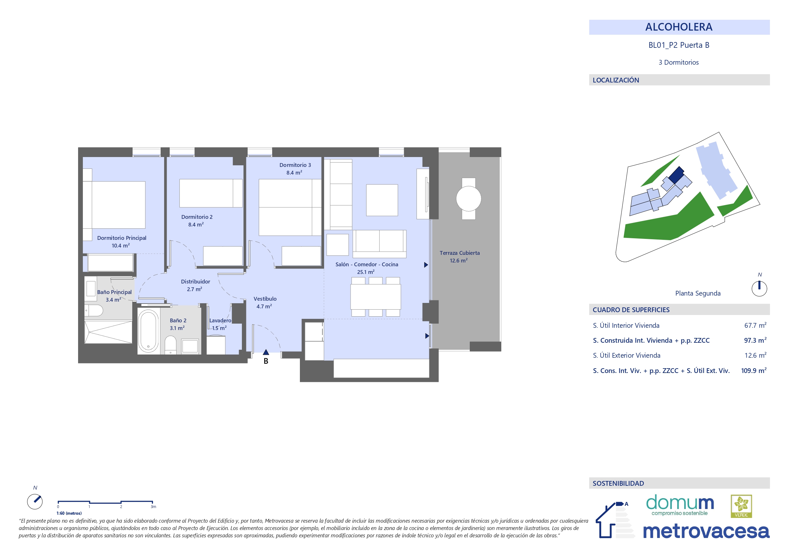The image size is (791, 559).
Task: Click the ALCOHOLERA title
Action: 679,27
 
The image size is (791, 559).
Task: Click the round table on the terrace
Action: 468,199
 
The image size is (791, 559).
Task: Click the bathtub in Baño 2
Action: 148,331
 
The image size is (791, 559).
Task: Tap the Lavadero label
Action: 220,321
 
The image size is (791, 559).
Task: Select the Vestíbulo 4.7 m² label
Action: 265,302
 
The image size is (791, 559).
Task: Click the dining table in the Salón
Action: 375,297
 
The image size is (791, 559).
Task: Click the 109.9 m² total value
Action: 754,371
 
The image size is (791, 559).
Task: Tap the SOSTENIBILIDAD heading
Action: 618,483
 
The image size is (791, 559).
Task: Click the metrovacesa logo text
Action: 706,531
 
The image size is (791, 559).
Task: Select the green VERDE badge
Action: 741,506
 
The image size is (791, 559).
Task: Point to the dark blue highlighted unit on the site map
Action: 676,175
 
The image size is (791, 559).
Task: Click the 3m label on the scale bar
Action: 153,507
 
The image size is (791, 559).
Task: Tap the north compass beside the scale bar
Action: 35,501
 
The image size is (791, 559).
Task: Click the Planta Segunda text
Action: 698,293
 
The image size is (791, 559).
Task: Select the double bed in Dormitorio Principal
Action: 114,204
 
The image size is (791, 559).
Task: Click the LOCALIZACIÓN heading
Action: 616,80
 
